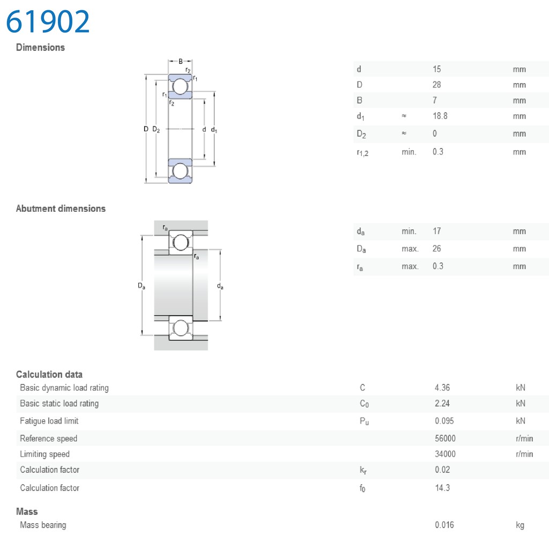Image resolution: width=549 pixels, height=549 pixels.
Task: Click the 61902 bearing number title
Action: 48,21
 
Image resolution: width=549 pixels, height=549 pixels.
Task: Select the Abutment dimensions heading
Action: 61,209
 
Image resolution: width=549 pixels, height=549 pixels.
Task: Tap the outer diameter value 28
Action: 436,85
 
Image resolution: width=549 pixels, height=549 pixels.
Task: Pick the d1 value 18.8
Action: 440,116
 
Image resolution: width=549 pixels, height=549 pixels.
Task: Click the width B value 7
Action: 434,100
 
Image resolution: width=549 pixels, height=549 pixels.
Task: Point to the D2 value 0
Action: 434,133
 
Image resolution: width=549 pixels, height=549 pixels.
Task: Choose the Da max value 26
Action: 436,249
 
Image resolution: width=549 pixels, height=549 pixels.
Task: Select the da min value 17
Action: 436,231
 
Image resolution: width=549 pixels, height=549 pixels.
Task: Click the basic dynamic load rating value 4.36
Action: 442,388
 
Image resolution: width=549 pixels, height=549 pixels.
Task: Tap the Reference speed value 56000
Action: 445,439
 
